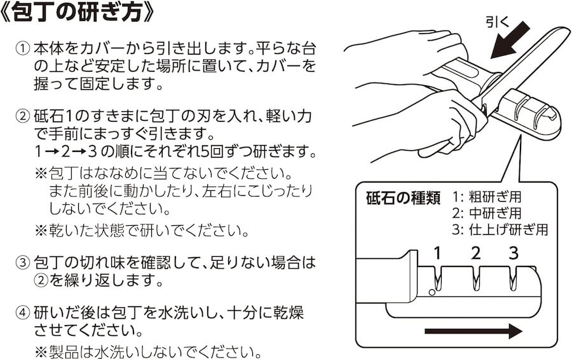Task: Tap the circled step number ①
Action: (x=23, y=49)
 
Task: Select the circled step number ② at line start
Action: (x=23, y=116)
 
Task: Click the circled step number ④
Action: (x=23, y=314)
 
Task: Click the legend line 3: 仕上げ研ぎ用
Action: (x=500, y=229)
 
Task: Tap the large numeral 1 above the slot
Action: (x=437, y=254)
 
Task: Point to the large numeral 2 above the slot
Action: (x=475, y=254)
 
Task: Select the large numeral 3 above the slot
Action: (x=514, y=254)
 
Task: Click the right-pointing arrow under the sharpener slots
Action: (x=473, y=331)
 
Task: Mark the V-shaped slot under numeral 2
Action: (x=475, y=279)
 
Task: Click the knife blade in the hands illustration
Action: (x=528, y=64)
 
